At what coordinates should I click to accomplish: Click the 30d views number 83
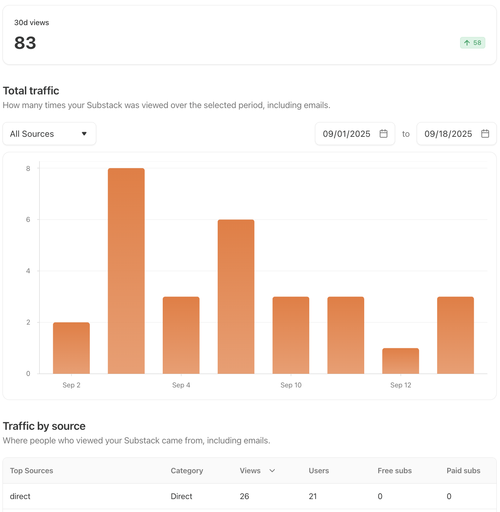coord(25,43)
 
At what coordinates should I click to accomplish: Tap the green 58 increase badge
coord(472,43)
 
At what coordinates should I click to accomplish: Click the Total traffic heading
coord(31,91)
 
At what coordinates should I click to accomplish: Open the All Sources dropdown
coord(49,134)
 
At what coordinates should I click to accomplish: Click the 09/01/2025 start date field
coord(346,134)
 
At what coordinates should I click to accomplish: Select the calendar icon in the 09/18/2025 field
coord(485,134)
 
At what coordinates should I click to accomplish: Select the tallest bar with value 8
coord(126,271)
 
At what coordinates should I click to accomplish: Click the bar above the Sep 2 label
coord(71,348)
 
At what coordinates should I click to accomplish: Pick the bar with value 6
coord(236,297)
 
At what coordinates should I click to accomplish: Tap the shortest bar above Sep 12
coord(401,361)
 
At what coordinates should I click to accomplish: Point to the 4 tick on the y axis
coord(28,271)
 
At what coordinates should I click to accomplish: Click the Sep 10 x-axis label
coord(291,385)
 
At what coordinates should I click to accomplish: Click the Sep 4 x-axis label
coord(181,385)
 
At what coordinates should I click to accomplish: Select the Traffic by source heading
coord(44,426)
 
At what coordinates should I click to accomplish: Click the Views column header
coord(250,471)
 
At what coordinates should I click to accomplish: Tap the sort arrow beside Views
coord(272,471)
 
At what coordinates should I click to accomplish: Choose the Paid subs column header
coord(463,471)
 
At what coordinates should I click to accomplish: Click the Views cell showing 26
coord(244,496)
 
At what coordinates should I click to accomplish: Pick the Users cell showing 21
coord(313,496)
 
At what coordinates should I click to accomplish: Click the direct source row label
coord(20,496)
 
